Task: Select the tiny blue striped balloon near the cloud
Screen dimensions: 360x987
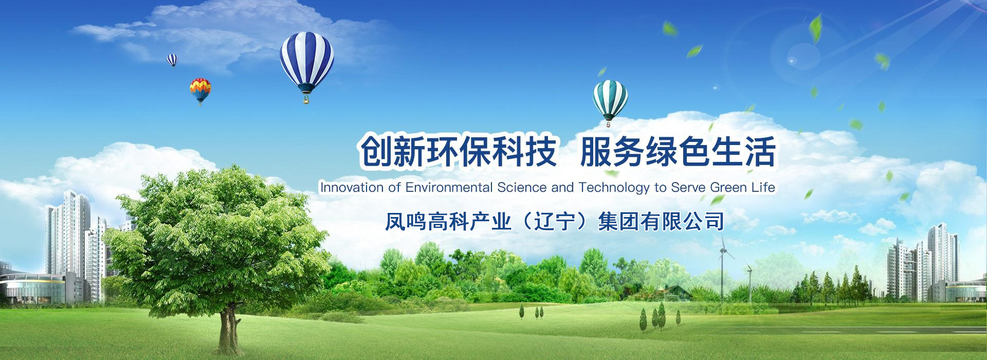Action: click(x=172, y=60)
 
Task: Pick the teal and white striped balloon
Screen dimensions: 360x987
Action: click(x=610, y=99)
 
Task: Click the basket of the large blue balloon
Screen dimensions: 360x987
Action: click(x=306, y=99)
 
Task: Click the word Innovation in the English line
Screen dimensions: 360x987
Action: click(x=352, y=187)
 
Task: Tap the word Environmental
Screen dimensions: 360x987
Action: click(x=449, y=187)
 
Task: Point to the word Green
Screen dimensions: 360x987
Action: click(x=728, y=187)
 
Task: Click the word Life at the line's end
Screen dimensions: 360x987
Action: click(x=763, y=187)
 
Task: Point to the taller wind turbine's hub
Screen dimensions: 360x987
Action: click(x=723, y=250)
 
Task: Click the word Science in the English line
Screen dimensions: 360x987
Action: click(x=522, y=187)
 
